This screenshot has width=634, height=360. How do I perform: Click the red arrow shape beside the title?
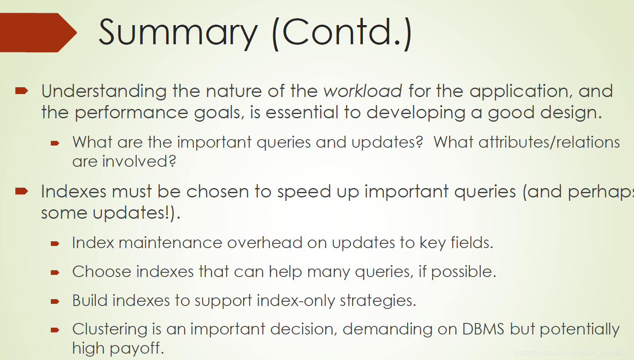[38, 32]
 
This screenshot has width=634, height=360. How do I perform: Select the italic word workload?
[363, 91]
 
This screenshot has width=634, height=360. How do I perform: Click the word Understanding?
[104, 91]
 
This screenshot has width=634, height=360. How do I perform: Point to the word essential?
[302, 112]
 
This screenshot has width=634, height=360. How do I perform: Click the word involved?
[139, 161]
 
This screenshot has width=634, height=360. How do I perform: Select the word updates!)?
[136, 213]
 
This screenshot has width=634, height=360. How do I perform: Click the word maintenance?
[170, 243]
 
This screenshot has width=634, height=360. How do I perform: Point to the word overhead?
[265, 243]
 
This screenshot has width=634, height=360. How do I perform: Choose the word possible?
[464, 272]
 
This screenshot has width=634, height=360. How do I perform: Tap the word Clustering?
[110, 329]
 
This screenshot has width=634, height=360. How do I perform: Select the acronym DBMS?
[483, 329]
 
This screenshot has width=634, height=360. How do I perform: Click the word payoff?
[137, 349]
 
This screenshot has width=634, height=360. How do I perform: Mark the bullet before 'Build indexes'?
[55, 301]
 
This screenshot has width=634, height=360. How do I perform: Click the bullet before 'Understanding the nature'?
[22, 91]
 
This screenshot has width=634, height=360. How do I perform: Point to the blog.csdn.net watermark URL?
[572, 352]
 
